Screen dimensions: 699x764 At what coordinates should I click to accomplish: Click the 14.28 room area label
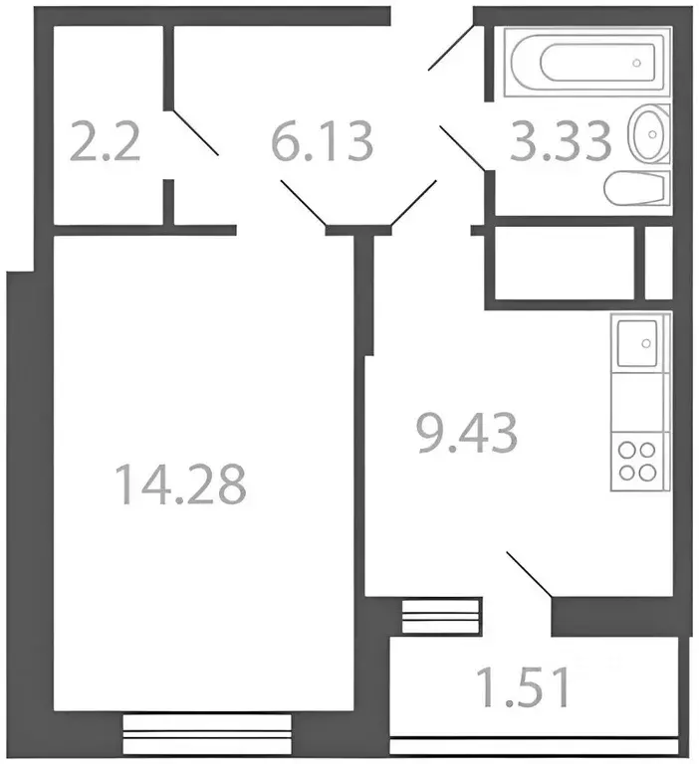click(181, 483)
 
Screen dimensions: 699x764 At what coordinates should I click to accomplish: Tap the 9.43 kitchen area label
click(467, 433)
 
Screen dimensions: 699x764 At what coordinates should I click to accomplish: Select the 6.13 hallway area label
click(322, 141)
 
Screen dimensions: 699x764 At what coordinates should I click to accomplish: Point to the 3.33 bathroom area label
click(561, 140)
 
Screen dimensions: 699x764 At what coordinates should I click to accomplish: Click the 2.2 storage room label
click(106, 141)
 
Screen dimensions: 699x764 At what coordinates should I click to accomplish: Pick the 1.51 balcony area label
click(523, 687)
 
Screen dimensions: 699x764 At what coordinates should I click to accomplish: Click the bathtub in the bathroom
click(586, 62)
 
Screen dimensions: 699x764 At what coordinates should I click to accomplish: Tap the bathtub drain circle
click(636, 63)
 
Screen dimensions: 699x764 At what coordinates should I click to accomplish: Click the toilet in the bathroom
click(636, 188)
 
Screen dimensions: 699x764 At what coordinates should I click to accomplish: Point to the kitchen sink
click(636, 343)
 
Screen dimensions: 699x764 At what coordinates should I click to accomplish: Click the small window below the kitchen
click(441, 616)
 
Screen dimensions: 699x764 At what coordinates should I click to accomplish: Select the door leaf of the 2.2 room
click(194, 132)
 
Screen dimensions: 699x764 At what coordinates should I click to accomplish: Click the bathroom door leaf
click(463, 148)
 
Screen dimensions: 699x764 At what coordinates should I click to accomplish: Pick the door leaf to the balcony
click(530, 574)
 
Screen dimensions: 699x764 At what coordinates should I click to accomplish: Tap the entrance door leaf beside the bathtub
click(451, 48)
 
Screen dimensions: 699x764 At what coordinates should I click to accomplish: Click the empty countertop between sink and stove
click(640, 403)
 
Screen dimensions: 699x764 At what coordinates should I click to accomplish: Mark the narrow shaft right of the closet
click(659, 263)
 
